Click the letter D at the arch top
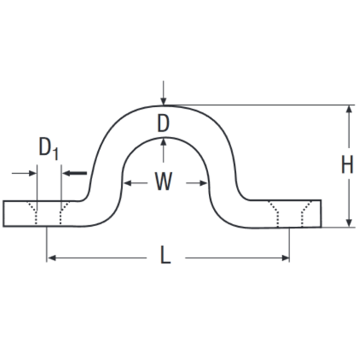[163, 123]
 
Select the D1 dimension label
[49, 148]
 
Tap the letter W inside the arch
[163, 181]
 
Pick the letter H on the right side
[347, 164]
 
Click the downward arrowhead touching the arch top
[163, 102]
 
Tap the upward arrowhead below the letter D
[163, 142]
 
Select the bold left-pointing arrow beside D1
[75, 173]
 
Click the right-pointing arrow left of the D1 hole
[24, 173]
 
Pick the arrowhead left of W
[127, 184]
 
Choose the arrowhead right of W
[203, 184]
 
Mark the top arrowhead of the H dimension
[350, 109]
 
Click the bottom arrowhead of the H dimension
[350, 222]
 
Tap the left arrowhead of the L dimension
[52, 258]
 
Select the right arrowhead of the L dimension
[285, 258]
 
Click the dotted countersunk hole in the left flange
[49, 213]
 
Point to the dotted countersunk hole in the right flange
[290, 214]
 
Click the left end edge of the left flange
[4, 213]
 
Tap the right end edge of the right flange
[321, 213]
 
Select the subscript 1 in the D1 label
[56, 154]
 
